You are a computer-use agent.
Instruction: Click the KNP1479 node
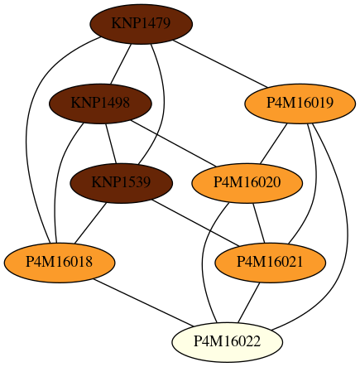pyautogui.click(x=141, y=24)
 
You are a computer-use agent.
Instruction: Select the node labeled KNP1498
pyautogui.click(x=100, y=104)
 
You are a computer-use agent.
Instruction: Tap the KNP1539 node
pyautogui.click(x=121, y=183)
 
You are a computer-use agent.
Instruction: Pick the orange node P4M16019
pyautogui.click(x=300, y=104)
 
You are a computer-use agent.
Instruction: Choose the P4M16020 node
pyautogui.click(x=247, y=183)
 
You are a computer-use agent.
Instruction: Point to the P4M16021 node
pyautogui.click(x=270, y=263)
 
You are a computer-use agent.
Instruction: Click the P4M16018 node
pyautogui.click(x=60, y=263)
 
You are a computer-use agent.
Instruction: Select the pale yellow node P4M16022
pyautogui.click(x=227, y=342)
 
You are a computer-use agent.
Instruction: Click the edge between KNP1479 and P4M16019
pyautogui.click(x=220, y=64)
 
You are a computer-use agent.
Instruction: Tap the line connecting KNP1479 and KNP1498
pyautogui.click(x=121, y=64)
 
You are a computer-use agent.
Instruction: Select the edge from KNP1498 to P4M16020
pyautogui.click(x=174, y=143)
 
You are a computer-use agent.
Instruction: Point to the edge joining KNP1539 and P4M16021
pyautogui.click(x=195, y=223)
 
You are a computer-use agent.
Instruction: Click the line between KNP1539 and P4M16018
pyautogui.click(x=90, y=223)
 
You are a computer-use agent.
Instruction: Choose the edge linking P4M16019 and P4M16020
pyautogui.click(x=273, y=143)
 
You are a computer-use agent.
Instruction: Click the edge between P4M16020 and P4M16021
pyautogui.click(x=259, y=223)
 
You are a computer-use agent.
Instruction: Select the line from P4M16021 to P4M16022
pyautogui.click(x=249, y=302)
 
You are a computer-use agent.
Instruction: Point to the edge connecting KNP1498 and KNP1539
pyautogui.click(x=111, y=143)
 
